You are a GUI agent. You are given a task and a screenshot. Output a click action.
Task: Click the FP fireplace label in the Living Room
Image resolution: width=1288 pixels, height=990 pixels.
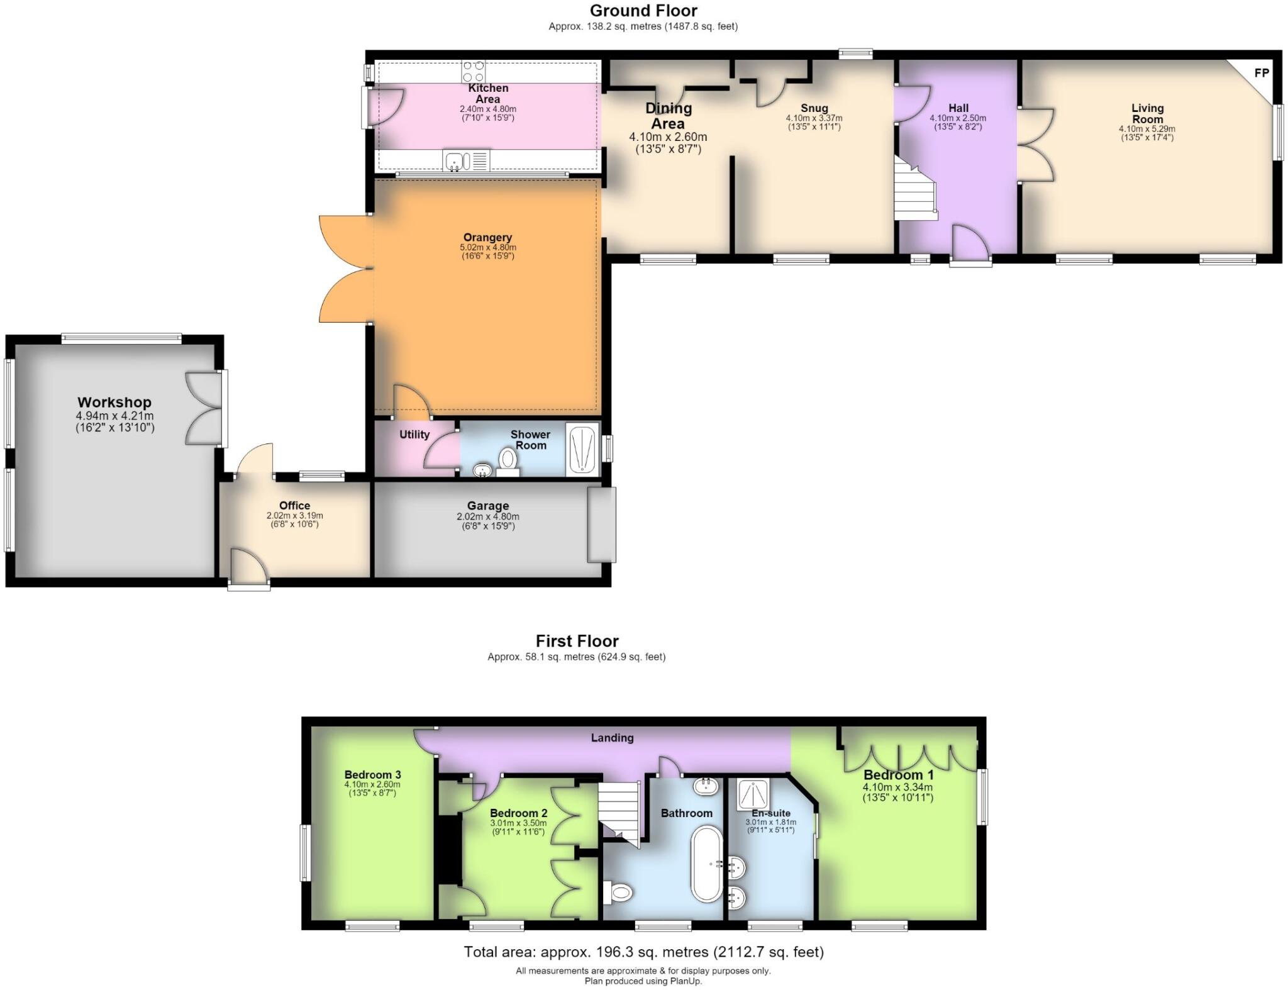point(1262,73)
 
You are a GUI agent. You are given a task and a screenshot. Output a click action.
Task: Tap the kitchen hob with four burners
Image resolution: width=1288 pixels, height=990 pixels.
point(474,71)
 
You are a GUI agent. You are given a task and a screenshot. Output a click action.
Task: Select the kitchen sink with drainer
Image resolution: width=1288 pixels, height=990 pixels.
point(465,160)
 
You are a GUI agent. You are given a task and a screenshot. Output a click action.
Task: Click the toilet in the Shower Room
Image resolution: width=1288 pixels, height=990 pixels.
point(508,461)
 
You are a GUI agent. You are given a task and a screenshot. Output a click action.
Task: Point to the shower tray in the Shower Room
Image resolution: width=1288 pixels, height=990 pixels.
point(583,449)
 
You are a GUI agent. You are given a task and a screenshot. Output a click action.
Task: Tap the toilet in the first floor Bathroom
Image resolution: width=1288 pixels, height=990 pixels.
point(618,891)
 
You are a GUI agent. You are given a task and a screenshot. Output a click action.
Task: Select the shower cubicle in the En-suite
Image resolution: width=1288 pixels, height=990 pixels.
point(753,796)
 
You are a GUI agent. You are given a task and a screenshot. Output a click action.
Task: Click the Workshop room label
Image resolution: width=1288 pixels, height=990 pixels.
point(114,402)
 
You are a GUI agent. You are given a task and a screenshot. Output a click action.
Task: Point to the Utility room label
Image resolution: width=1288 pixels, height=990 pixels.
point(414,435)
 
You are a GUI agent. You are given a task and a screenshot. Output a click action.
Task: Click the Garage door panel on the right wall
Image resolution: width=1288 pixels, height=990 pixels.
point(602,525)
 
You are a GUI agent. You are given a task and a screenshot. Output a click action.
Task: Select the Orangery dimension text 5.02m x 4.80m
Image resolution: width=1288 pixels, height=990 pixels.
point(487,248)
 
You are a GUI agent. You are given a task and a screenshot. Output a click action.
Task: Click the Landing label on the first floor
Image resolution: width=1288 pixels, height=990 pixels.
point(612,738)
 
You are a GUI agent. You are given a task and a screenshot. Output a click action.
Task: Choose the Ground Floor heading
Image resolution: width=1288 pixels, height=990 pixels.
point(643,11)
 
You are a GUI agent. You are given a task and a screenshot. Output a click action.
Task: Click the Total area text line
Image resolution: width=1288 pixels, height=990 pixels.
point(643,952)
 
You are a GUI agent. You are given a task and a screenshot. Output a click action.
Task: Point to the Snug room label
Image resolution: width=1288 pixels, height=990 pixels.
point(814,108)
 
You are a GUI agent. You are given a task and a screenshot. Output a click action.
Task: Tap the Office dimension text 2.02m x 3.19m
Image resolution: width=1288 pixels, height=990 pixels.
point(294,516)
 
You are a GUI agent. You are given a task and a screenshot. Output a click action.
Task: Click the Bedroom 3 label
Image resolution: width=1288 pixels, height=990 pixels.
point(372,775)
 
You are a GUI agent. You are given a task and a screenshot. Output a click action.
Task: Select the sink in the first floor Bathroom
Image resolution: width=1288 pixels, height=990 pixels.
point(706,785)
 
